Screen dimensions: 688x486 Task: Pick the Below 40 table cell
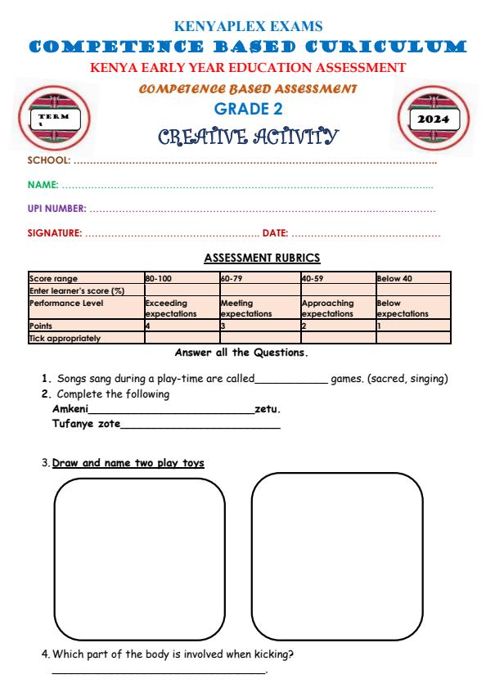pos(394,279)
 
